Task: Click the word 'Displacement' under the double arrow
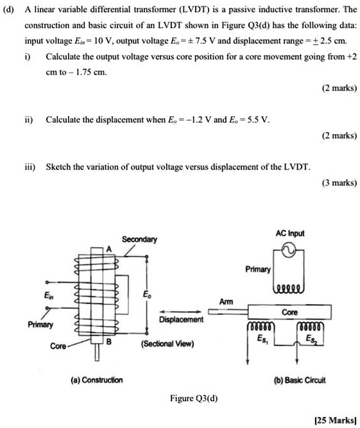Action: [181, 319]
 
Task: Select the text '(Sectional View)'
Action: [169, 343]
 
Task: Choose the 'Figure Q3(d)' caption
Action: [194, 398]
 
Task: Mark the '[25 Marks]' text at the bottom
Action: [334, 420]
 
